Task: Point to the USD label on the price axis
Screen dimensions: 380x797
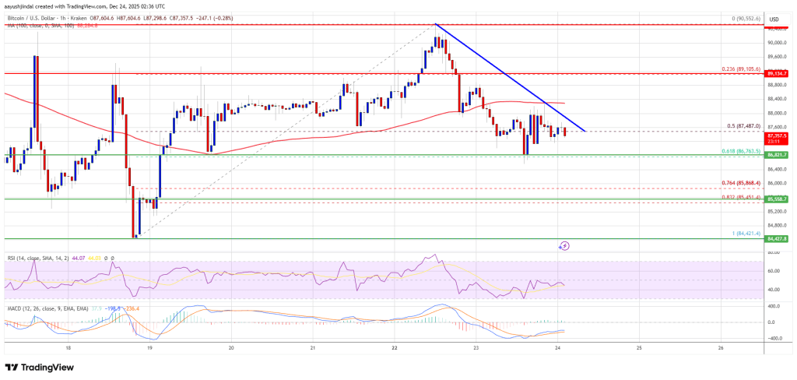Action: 774,18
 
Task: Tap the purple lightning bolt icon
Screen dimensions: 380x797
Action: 565,245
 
